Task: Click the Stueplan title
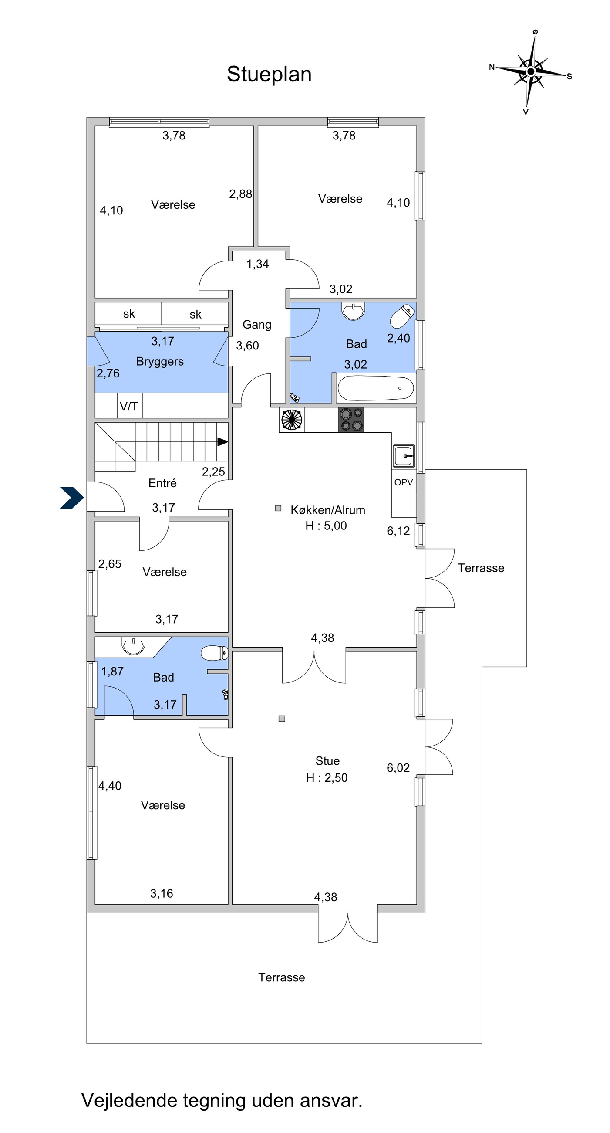269,75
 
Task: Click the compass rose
531,71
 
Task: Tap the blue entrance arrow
72,498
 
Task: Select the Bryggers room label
160,362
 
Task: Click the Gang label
257,325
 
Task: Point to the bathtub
376,388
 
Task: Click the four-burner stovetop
351,420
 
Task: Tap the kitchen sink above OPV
404,456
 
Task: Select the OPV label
404,482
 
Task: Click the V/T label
129,407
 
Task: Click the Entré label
162,483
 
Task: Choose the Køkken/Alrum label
328,510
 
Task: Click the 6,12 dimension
398,531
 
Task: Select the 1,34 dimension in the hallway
257,264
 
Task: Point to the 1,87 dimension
112,672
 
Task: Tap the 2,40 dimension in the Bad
398,338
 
